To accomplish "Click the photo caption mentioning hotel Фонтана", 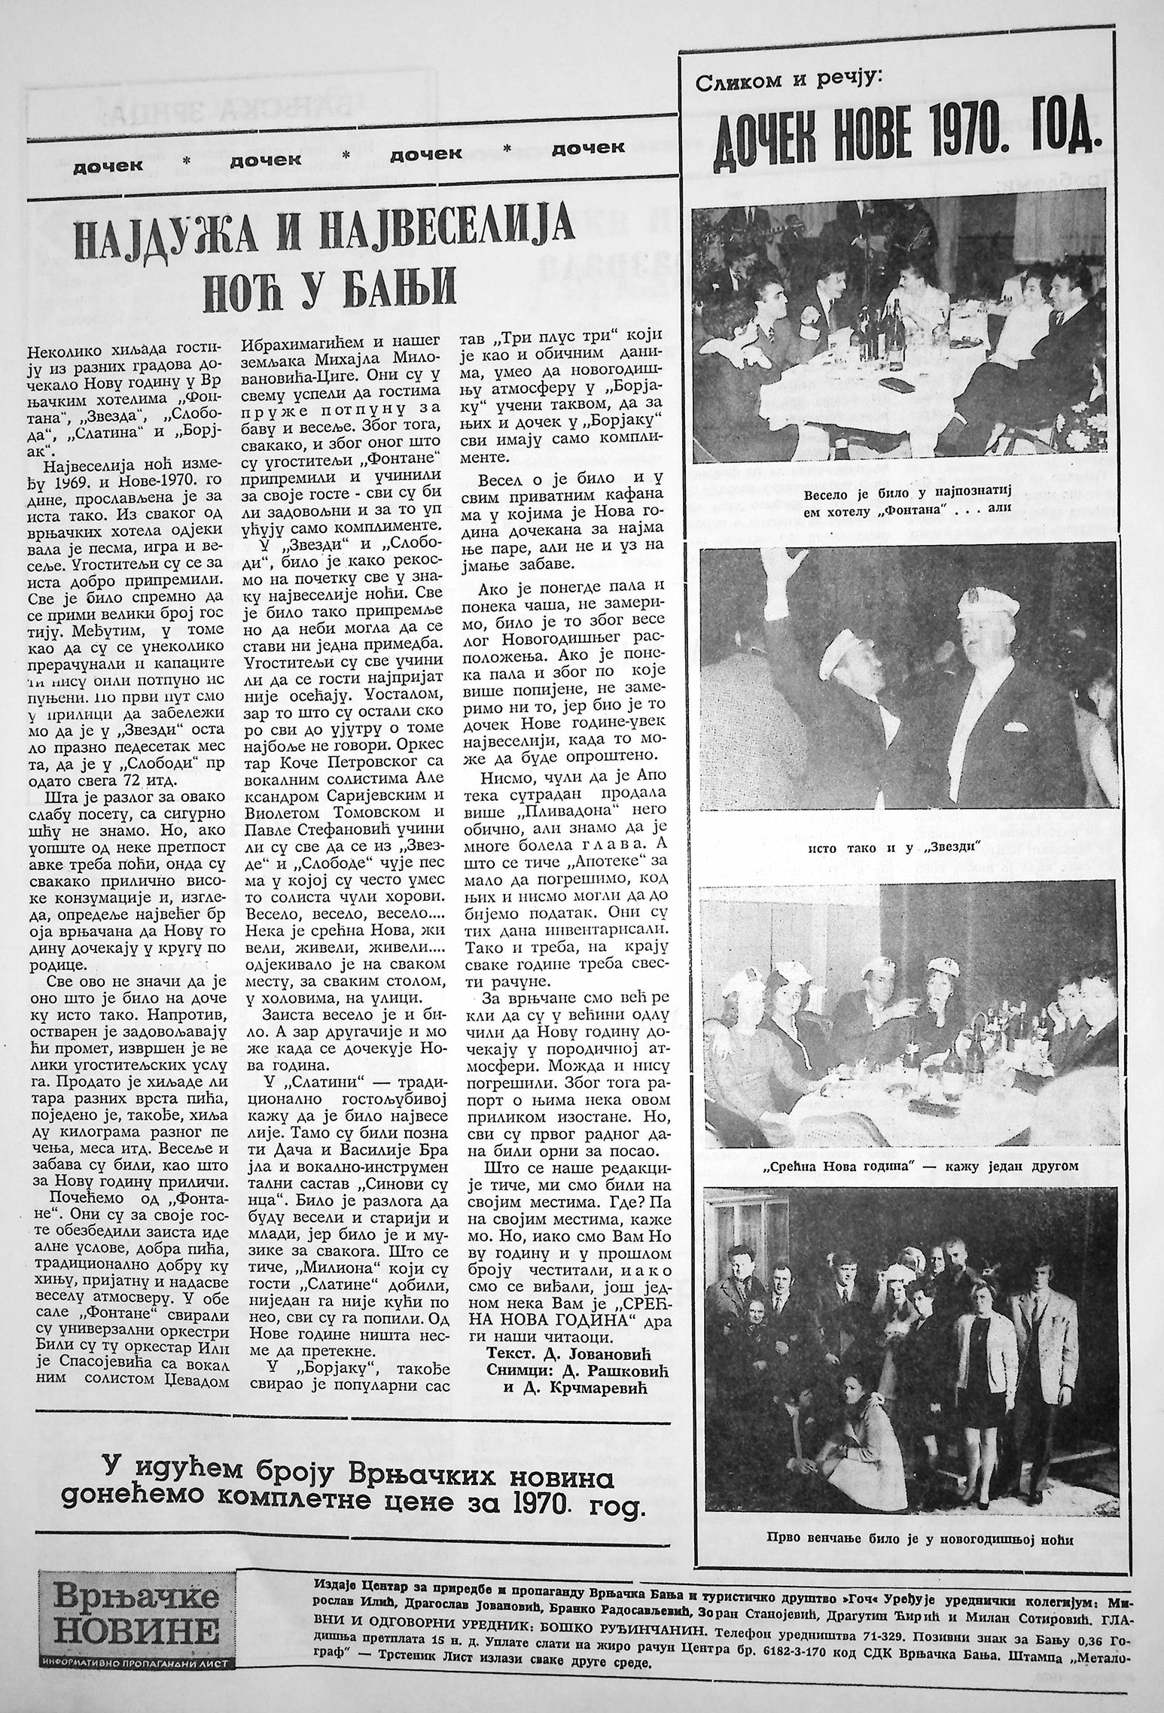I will [x=904, y=504].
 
